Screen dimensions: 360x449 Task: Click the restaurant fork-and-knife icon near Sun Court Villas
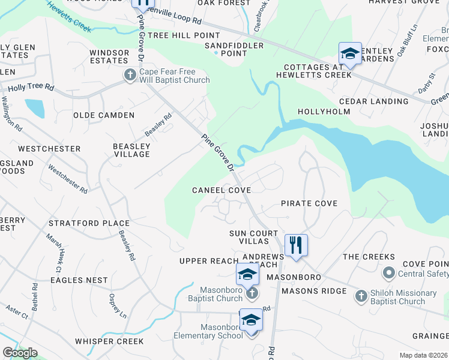[296, 245]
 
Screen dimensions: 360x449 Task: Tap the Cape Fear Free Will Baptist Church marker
[129, 75]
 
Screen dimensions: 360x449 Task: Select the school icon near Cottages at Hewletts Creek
[350, 53]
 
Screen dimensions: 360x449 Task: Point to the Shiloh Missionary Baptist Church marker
[361, 295]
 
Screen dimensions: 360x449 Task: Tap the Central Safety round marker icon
[388, 274]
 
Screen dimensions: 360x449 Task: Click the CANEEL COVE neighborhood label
[221, 190]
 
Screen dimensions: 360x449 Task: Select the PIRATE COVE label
[309, 203]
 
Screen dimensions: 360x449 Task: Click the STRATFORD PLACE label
[89, 224]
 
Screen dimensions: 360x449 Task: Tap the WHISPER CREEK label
[109, 341]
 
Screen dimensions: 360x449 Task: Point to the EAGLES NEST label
[79, 280]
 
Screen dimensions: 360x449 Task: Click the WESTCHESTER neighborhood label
[49, 149]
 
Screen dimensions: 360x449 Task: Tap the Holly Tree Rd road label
[31, 87]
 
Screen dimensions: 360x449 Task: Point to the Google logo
[20, 353]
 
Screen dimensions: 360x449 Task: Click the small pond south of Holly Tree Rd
[35, 107]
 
